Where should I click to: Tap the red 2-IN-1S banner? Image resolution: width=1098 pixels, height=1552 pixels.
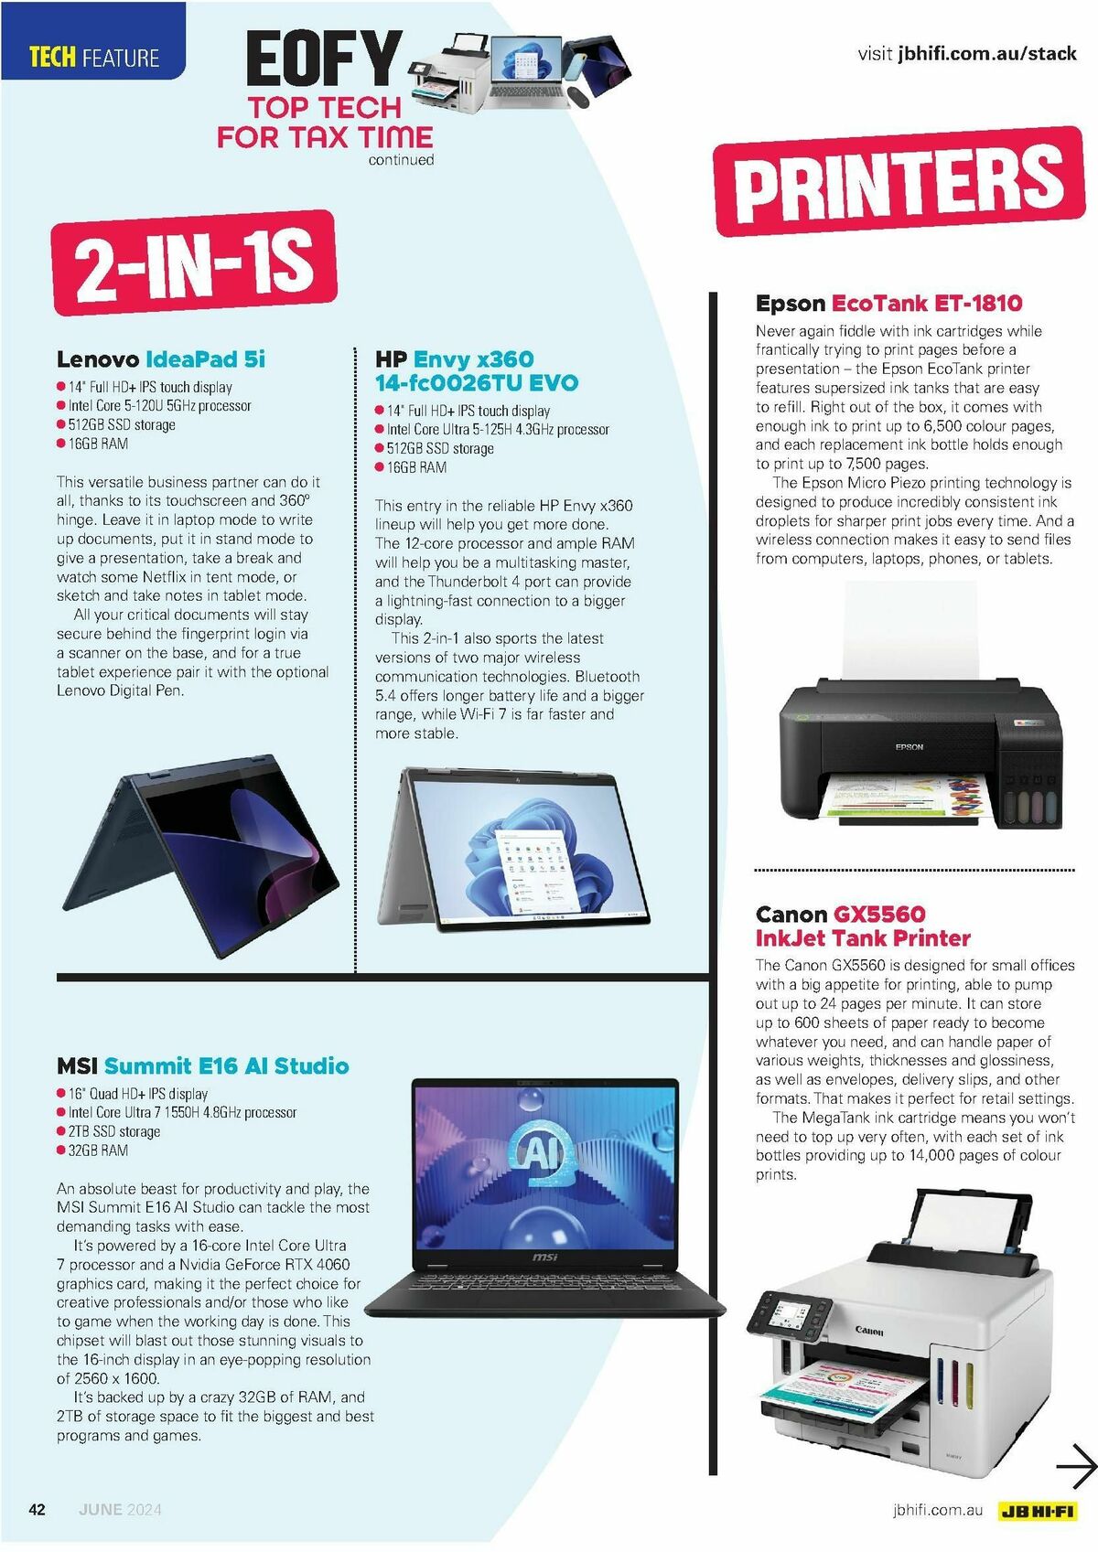(x=194, y=262)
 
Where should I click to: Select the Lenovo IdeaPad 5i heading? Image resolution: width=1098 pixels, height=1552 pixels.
(x=161, y=359)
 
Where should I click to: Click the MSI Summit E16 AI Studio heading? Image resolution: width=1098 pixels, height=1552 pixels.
(x=202, y=1065)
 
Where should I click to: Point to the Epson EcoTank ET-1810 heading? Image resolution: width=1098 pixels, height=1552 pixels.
(x=888, y=304)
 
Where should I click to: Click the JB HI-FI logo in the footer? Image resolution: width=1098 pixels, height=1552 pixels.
(x=1038, y=1511)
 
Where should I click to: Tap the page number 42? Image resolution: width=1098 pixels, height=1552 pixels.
(x=38, y=1510)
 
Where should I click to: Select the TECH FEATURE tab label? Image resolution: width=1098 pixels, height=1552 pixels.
(x=94, y=59)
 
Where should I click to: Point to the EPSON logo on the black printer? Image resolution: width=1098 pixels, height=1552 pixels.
(x=909, y=747)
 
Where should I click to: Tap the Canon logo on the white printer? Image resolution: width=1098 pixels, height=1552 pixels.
(x=869, y=1331)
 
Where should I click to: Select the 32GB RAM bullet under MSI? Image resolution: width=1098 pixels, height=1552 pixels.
(x=98, y=1151)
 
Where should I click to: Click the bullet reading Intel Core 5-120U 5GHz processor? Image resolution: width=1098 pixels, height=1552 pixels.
(x=159, y=406)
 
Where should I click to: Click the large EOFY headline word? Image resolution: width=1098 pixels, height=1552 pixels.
(x=324, y=59)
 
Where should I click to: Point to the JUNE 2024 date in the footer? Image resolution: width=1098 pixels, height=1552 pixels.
(x=120, y=1510)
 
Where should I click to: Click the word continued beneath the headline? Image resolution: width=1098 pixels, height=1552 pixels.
(x=401, y=160)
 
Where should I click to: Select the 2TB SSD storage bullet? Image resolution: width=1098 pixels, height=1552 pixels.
(x=113, y=1131)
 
